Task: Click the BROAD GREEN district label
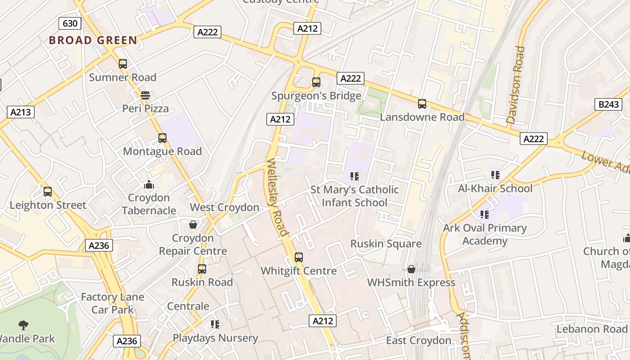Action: click(x=93, y=40)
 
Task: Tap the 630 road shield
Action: click(x=70, y=23)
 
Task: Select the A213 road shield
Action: click(x=21, y=112)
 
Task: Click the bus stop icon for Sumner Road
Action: click(x=123, y=64)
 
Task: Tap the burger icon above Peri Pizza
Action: click(x=145, y=95)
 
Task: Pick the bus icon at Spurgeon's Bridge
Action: click(x=316, y=82)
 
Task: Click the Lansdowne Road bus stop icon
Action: click(x=422, y=104)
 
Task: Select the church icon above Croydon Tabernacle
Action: click(x=148, y=184)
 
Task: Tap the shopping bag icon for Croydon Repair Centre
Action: click(x=193, y=224)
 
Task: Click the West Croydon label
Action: click(x=225, y=207)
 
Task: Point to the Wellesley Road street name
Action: click(x=276, y=197)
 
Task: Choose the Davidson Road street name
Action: click(x=516, y=85)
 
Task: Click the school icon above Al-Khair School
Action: click(x=495, y=175)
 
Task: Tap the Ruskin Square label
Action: click(x=386, y=244)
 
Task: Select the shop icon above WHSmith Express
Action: click(x=411, y=269)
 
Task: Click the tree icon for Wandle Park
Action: click(x=23, y=325)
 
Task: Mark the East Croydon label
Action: click(x=418, y=341)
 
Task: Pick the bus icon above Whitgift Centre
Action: click(x=299, y=258)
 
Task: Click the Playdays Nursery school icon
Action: click(x=215, y=324)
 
